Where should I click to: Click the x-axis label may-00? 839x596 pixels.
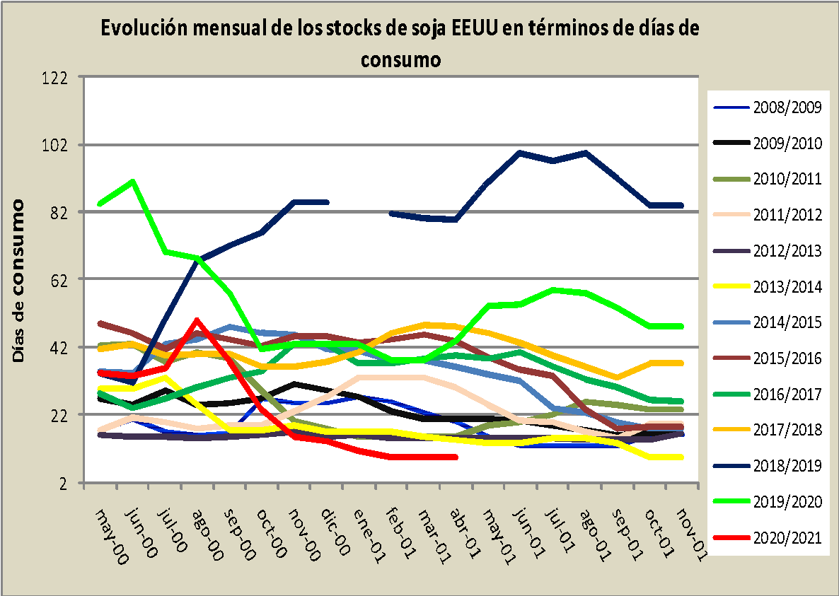click(x=112, y=537)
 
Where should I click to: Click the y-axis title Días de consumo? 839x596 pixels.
click(x=19, y=281)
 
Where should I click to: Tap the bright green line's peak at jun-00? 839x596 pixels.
click(x=133, y=182)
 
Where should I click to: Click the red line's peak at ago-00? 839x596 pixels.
click(x=197, y=320)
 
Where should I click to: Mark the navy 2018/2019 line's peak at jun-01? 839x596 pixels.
click(x=520, y=153)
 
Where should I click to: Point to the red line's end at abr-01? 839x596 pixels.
click(x=456, y=457)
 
